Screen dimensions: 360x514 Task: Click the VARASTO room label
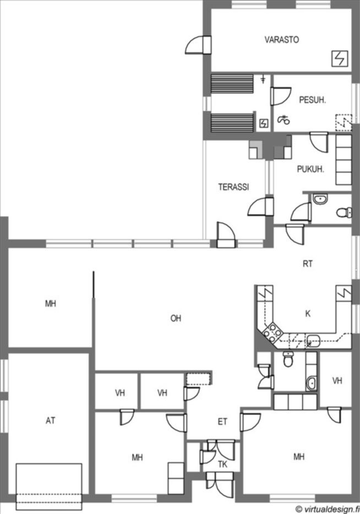click(x=282, y=40)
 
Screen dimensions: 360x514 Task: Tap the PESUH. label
click(x=313, y=100)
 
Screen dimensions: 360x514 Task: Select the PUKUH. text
click(x=310, y=169)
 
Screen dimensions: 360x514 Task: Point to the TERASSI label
click(x=233, y=187)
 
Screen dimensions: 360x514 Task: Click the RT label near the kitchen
click(x=308, y=264)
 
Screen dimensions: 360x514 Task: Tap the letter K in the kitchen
click(x=308, y=314)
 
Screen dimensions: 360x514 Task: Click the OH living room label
click(x=176, y=318)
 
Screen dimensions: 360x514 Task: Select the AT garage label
click(x=51, y=420)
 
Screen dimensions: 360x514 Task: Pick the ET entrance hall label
click(x=222, y=422)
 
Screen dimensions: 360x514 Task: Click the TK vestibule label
click(x=222, y=464)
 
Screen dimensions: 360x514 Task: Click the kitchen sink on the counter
click(x=313, y=341)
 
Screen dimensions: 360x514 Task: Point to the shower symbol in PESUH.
click(x=284, y=120)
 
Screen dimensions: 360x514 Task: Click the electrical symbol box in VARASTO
click(x=339, y=59)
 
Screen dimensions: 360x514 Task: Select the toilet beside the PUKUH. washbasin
click(x=344, y=212)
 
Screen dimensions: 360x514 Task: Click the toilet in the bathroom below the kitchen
click(x=288, y=359)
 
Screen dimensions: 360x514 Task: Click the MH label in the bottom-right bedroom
click(x=299, y=456)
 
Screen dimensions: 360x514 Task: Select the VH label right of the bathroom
click(x=337, y=381)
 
